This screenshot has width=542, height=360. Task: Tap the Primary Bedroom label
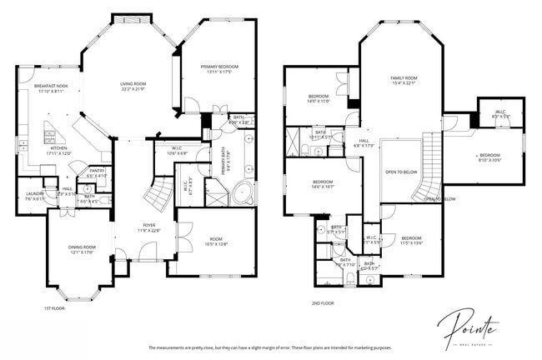(219, 69)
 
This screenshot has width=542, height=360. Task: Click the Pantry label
(96, 173)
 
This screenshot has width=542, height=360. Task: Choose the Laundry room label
(34, 196)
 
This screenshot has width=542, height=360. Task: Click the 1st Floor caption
(54, 308)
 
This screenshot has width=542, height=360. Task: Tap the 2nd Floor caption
(323, 303)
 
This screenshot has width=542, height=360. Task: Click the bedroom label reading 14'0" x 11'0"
(319, 99)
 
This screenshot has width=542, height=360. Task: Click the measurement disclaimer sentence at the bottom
(269, 347)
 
